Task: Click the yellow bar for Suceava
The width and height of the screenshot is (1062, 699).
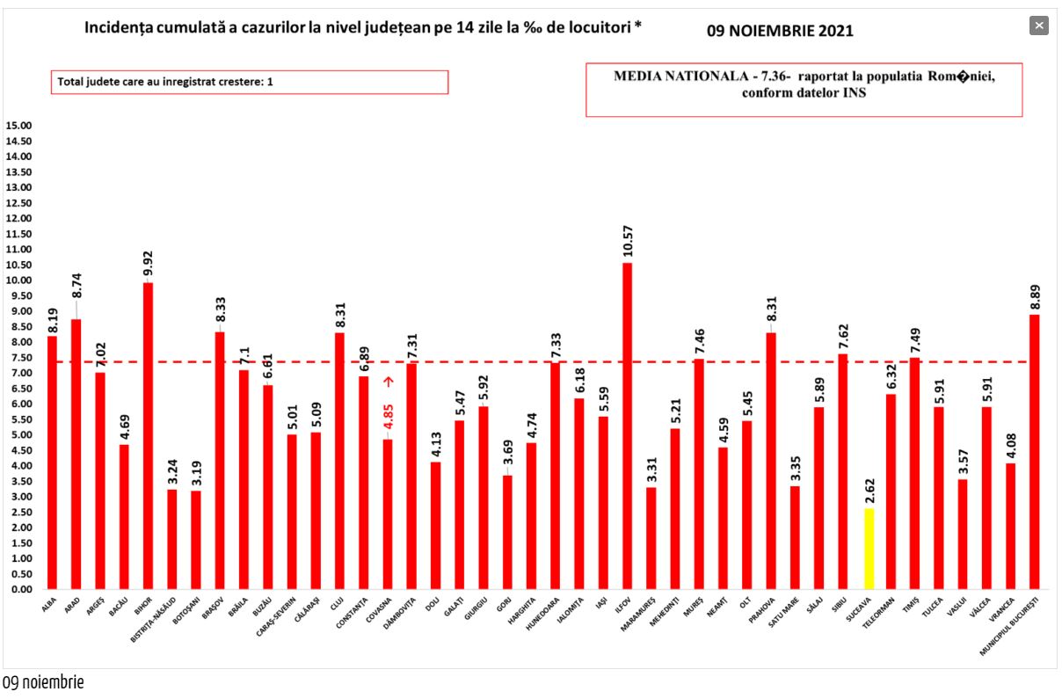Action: click(869, 549)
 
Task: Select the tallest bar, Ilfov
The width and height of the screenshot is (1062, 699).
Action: click(627, 426)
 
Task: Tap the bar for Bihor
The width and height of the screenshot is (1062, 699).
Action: click(149, 436)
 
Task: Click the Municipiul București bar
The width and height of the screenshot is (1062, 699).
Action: click(1035, 452)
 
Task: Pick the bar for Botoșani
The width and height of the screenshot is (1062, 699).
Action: click(196, 540)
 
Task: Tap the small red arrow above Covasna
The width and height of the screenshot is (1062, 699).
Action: click(388, 382)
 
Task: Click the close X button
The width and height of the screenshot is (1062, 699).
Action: click(1039, 25)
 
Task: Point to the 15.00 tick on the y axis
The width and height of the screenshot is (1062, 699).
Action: click(18, 126)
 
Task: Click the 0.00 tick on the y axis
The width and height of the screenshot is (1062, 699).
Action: click(20, 589)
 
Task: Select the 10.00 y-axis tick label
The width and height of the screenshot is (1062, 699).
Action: click(18, 280)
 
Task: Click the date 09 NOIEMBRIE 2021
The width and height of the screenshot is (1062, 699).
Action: click(780, 31)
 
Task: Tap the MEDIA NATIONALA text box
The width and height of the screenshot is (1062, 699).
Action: click(804, 89)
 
